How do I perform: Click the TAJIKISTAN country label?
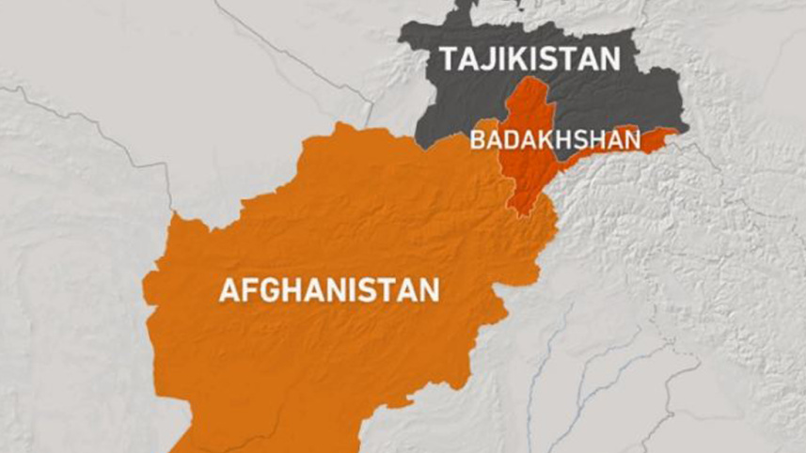click(x=530, y=59)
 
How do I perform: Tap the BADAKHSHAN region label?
click(x=555, y=140)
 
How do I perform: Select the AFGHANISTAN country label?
click(x=329, y=289)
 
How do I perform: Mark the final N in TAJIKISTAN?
click(x=610, y=59)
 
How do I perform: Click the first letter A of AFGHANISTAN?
click(x=229, y=289)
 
